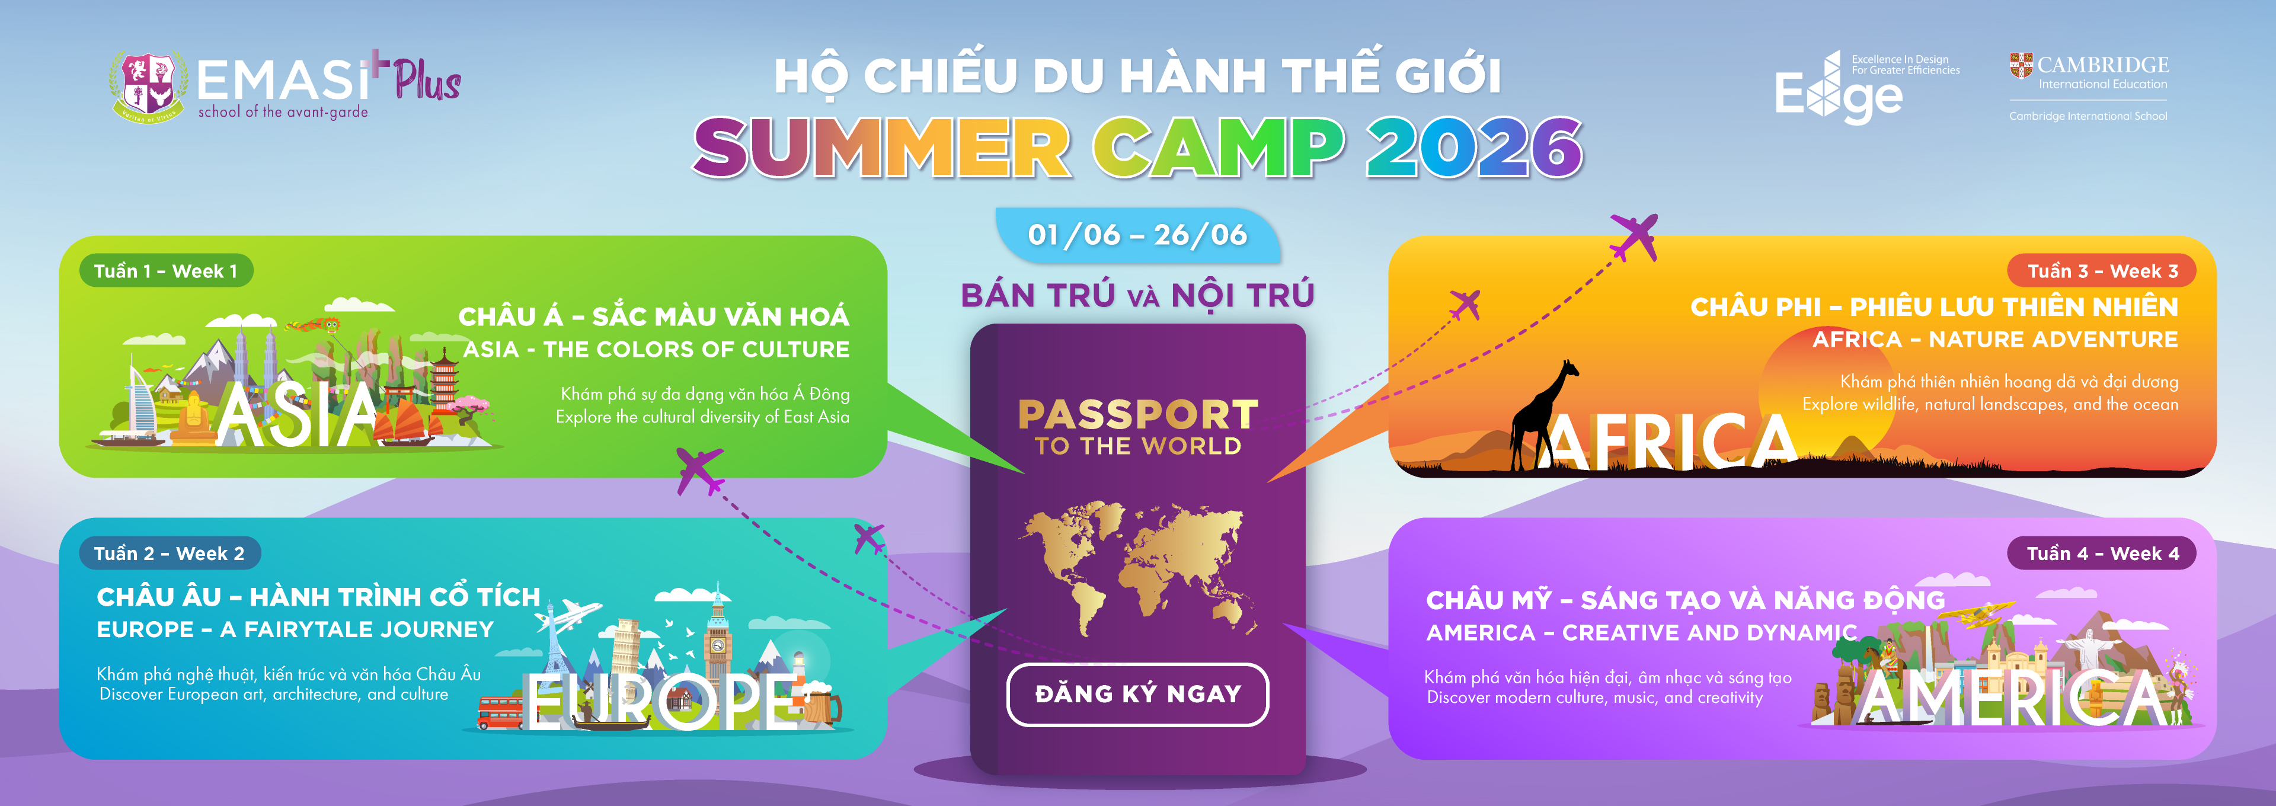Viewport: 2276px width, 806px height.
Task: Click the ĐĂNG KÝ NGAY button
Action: [1137, 695]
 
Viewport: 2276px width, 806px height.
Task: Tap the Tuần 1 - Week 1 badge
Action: [165, 270]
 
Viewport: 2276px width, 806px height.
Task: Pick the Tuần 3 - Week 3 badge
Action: [2102, 270]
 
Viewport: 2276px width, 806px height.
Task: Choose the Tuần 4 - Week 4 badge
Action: [2102, 554]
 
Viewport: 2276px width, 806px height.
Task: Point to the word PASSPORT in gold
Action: [1138, 414]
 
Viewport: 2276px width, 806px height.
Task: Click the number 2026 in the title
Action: [1473, 147]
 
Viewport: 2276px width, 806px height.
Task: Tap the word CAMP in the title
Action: [1217, 147]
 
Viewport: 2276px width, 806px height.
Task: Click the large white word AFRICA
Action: [1670, 442]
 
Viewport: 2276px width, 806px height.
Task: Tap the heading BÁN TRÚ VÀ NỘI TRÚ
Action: [1137, 295]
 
